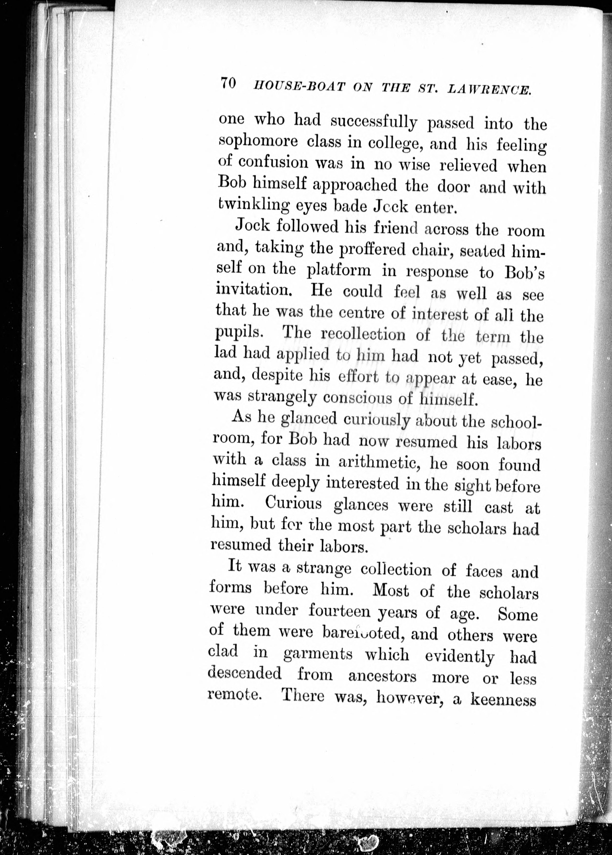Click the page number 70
[228, 82]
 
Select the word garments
[318, 655]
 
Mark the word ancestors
[382, 676]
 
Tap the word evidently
[460, 656]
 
